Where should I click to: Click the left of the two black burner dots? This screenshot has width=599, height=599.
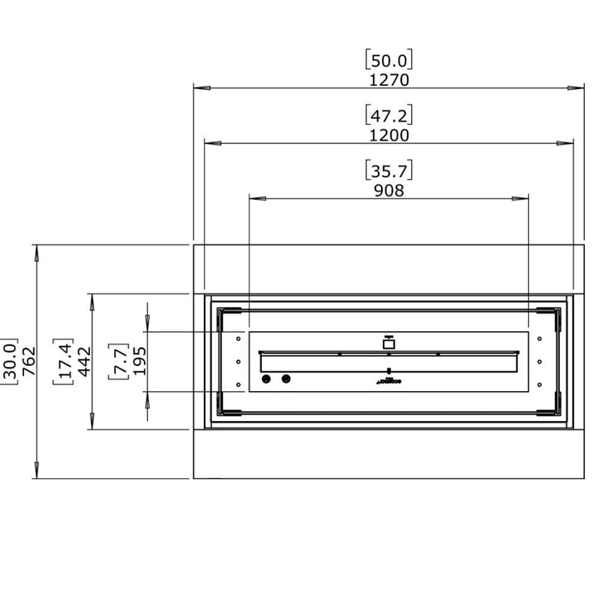(x=268, y=379)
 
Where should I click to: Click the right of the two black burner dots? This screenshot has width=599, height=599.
(x=287, y=379)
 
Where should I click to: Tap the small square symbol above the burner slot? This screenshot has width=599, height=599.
(x=388, y=342)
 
